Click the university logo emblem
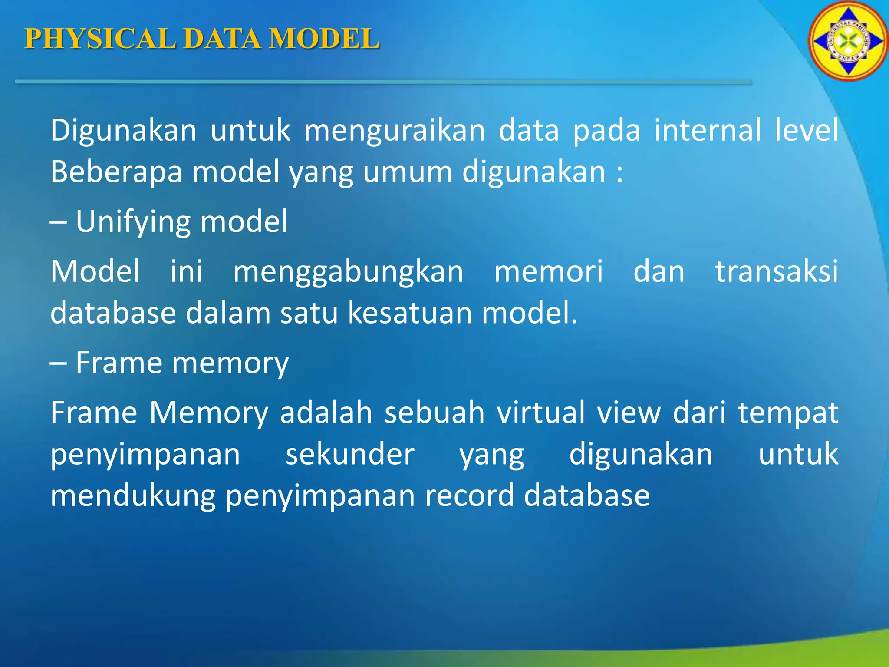point(848,42)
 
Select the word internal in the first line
point(708,130)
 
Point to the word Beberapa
point(116,172)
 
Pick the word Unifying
point(133,222)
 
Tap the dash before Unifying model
point(58,222)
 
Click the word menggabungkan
point(348,272)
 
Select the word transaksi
point(777,272)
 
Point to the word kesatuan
point(410,313)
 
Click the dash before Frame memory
point(58,363)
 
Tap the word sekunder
point(350,454)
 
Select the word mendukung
point(133,496)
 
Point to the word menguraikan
point(394,131)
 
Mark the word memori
point(549,272)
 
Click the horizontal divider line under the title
point(382,82)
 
